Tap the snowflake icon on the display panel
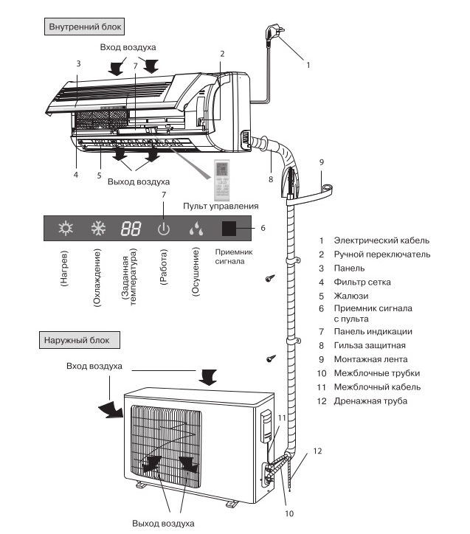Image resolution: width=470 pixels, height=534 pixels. pyautogui.click(x=98, y=229)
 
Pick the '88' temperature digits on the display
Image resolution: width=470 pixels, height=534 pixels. pyautogui.click(x=131, y=229)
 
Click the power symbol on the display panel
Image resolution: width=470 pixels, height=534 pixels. pyautogui.click(x=164, y=229)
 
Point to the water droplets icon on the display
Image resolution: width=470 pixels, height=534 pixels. pyautogui.click(x=196, y=229)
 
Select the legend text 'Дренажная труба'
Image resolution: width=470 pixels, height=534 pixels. pyautogui.click(x=370, y=400)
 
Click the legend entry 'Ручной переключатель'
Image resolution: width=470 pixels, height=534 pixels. pyautogui.click(x=381, y=254)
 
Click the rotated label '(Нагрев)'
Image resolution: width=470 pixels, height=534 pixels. pyautogui.click(x=66, y=271)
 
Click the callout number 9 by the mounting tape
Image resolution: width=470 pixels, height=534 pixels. pyautogui.click(x=322, y=162)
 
